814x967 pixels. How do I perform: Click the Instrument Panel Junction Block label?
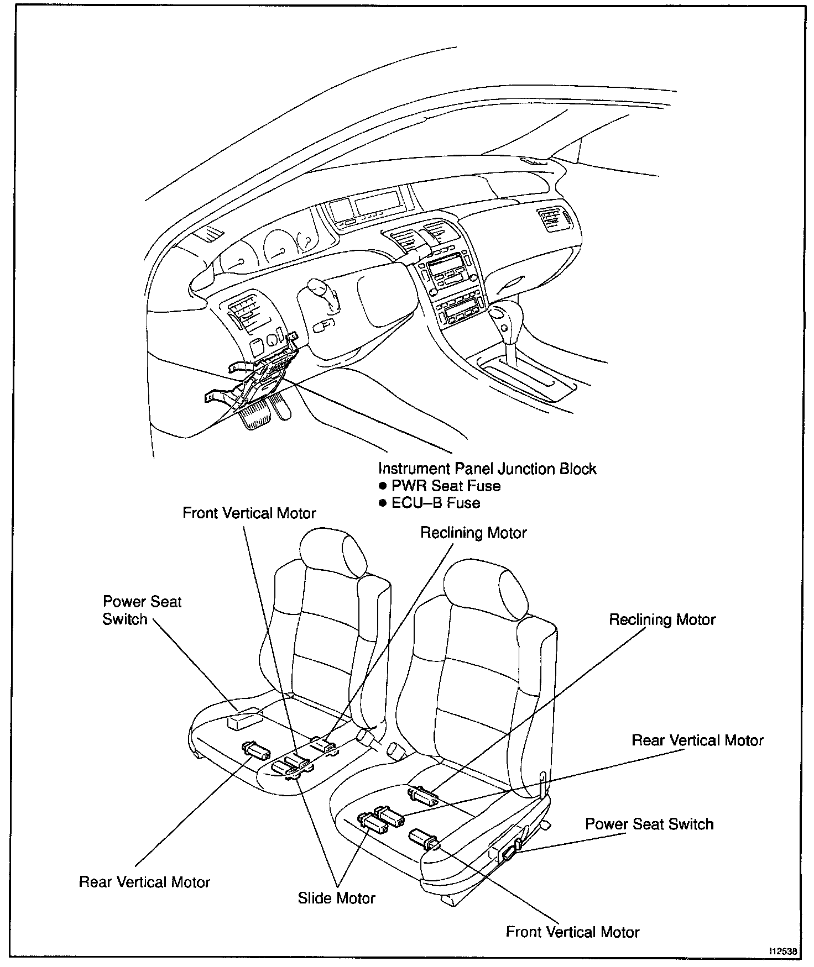487,469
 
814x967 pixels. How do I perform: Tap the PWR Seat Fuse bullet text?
446,486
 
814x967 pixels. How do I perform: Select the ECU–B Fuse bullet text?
436,503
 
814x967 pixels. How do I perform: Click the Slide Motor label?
336,898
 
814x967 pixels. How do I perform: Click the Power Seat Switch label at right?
649,824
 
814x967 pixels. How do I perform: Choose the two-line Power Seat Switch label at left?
142,610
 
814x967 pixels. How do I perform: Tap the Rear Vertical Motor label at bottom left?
144,882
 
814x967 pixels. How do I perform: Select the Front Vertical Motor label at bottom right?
572,932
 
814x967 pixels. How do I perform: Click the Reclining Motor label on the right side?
662,620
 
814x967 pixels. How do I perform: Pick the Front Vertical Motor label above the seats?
249,513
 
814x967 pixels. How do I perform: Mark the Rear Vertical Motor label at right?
697,740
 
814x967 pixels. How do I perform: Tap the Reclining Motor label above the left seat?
473,533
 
